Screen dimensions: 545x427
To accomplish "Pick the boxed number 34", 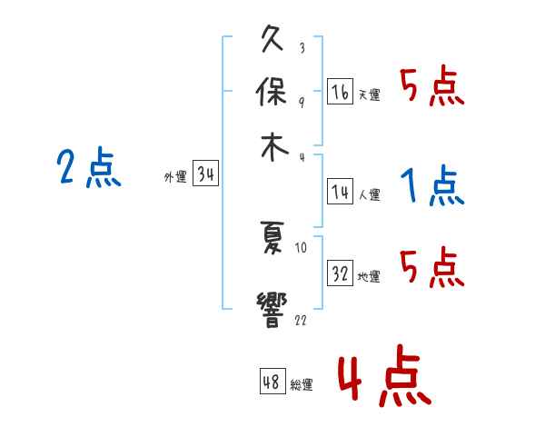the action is point(205,174).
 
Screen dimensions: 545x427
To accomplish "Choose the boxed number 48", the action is point(272,382).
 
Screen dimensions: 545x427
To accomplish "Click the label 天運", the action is point(369,94).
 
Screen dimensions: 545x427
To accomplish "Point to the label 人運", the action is point(369,194).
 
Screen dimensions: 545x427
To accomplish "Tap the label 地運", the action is point(369,276).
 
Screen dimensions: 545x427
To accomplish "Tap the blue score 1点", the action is point(431,186).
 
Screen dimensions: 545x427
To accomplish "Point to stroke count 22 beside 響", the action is point(300,321).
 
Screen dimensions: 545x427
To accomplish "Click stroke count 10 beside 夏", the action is point(302,245).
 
